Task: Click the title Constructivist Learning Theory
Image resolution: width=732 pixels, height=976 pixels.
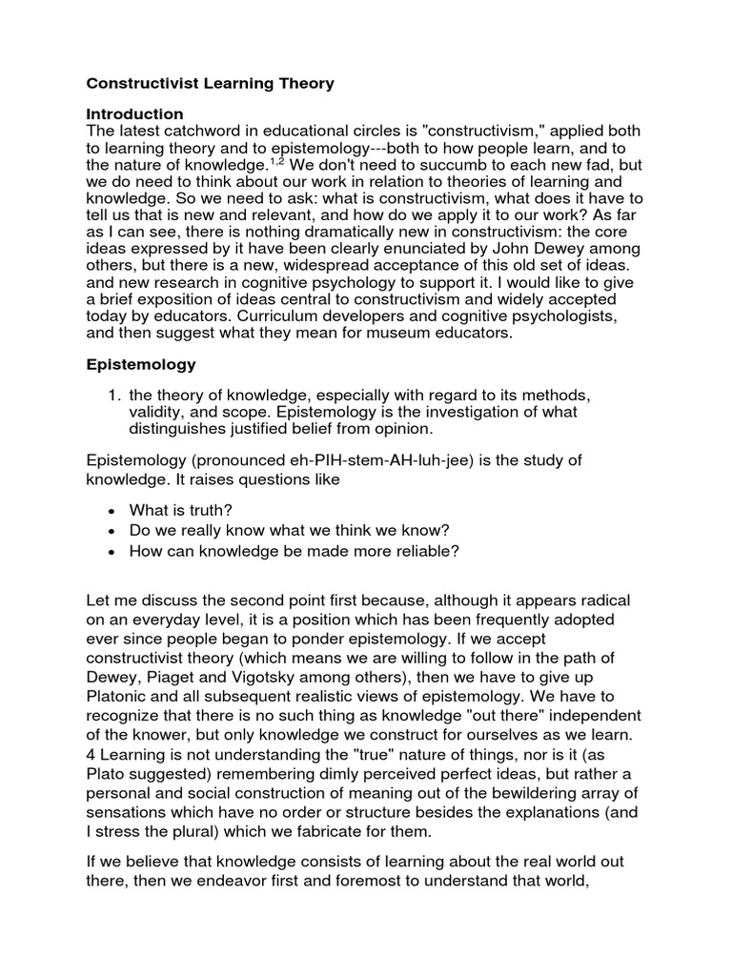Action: click(x=210, y=84)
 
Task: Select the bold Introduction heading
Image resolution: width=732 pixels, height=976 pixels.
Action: click(x=134, y=113)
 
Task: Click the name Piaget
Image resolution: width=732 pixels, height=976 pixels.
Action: click(x=182, y=680)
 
